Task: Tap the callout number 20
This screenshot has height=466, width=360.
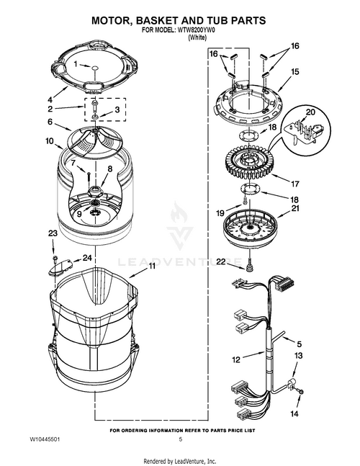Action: tap(310, 112)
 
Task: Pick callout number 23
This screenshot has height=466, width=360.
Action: tap(52, 233)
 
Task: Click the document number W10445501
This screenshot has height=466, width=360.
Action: tap(45, 439)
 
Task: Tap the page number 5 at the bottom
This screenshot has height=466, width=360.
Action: tap(180, 439)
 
